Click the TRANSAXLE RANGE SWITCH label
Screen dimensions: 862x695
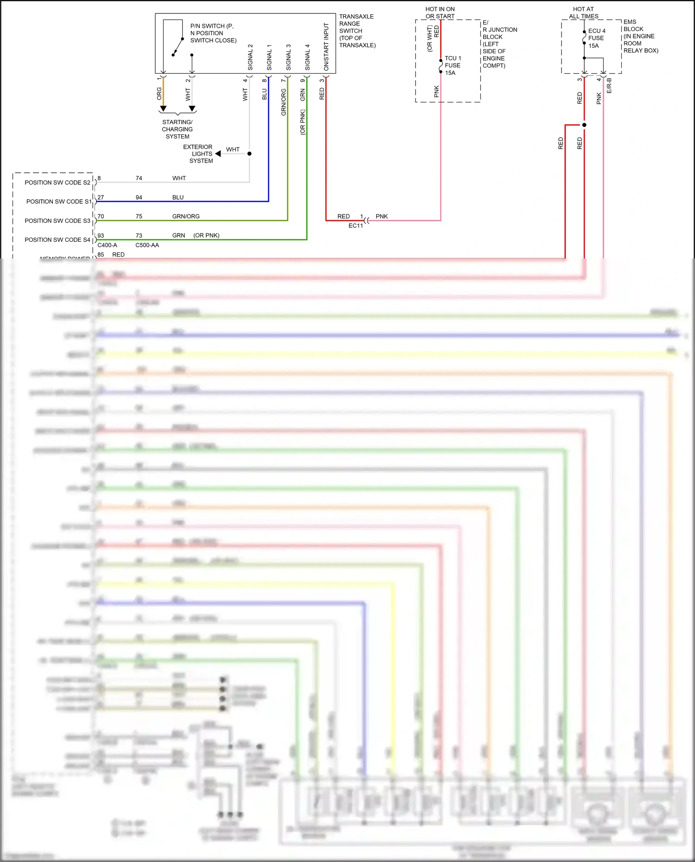(357, 31)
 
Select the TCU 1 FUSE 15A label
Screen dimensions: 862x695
(453, 66)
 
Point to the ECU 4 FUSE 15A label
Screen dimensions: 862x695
(596, 38)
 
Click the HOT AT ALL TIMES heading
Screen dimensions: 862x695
(583, 13)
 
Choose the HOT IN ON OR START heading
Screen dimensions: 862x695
(440, 13)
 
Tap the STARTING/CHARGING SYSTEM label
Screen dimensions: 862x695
(177, 129)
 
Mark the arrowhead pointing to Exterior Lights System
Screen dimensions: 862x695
(218, 154)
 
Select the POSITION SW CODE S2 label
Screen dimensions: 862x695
(57, 182)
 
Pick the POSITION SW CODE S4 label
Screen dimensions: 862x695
(57, 240)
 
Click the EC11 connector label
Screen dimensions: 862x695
(355, 226)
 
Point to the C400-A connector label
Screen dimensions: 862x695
(107, 245)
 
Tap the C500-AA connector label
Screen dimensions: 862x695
(147, 245)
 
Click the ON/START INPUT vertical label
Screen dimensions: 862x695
(326, 47)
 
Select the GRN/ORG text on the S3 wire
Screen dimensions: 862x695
(186, 216)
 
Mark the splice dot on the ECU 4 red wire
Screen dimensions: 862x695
(584, 125)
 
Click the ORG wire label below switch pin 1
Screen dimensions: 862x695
(159, 94)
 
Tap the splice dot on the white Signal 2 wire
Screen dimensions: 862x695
(249, 154)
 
